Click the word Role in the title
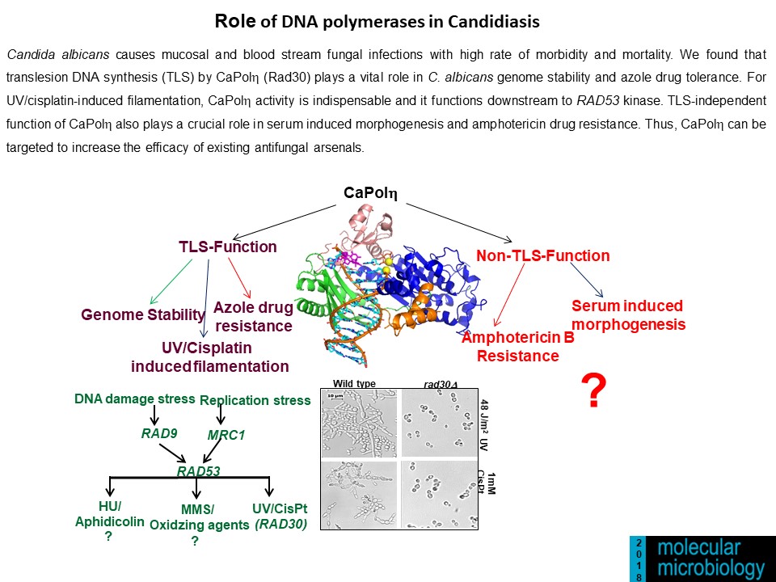point(234,21)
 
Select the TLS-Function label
point(228,247)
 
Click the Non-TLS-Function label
point(543,256)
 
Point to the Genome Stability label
point(143,314)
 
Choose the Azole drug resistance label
point(253,317)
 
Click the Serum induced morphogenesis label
point(628,315)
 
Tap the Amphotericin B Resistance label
point(518,347)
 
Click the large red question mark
point(594,392)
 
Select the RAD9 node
point(158,433)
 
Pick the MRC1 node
point(226,435)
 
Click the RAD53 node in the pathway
point(198,470)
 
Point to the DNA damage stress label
point(135,399)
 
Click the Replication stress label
point(255,400)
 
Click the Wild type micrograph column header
point(354,383)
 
